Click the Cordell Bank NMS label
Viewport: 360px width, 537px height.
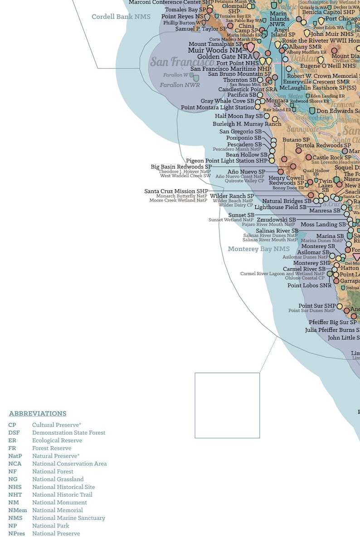coord(121,17)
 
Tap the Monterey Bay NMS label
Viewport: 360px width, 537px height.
coord(258,249)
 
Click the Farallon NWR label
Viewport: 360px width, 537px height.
coord(180,85)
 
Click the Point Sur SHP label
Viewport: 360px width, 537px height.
coord(317,306)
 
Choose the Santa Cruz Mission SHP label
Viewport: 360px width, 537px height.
coord(176,191)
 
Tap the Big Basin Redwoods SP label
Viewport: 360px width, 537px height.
coord(181,167)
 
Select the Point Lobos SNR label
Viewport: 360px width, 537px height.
coord(309,285)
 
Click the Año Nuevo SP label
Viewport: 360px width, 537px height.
coord(246,172)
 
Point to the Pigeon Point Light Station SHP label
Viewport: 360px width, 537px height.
coord(227,161)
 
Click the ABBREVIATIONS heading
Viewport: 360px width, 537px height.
coord(38,414)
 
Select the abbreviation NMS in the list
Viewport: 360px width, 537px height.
coord(16,518)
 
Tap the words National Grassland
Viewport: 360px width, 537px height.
coord(58,479)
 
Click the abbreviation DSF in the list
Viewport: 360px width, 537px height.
coord(14,433)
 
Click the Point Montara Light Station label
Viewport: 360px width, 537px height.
coord(217,107)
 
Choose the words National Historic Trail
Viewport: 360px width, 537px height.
coord(62,495)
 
